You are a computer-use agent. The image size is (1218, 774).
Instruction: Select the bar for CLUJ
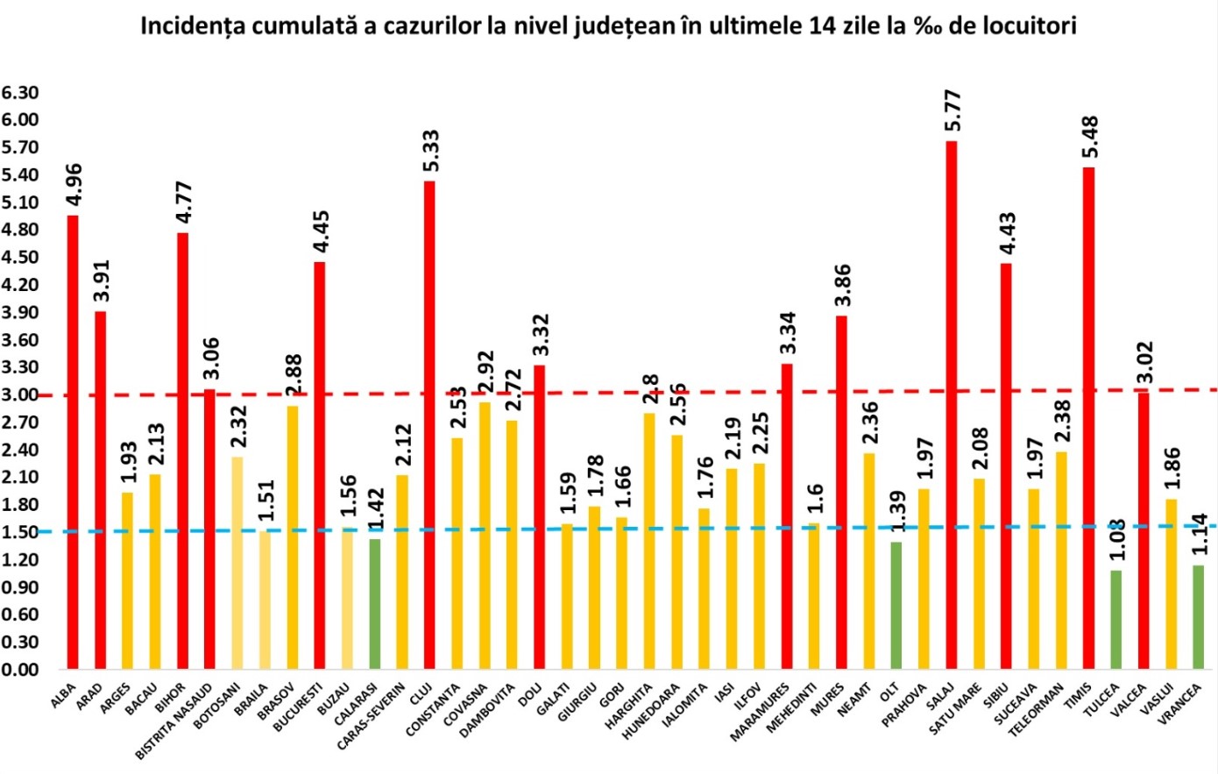tap(429, 425)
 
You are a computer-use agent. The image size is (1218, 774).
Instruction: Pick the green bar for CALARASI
tap(374, 604)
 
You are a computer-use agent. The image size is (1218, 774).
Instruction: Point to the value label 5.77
tap(952, 110)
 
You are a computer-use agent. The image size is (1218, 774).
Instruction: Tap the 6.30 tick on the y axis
tap(20, 92)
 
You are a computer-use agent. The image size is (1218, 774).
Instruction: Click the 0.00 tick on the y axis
tap(20, 669)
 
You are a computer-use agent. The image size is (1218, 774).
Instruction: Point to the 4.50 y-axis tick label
tap(20, 257)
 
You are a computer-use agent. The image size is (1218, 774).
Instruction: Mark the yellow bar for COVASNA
tap(485, 536)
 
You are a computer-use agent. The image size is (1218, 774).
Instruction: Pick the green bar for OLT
tap(896, 605)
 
